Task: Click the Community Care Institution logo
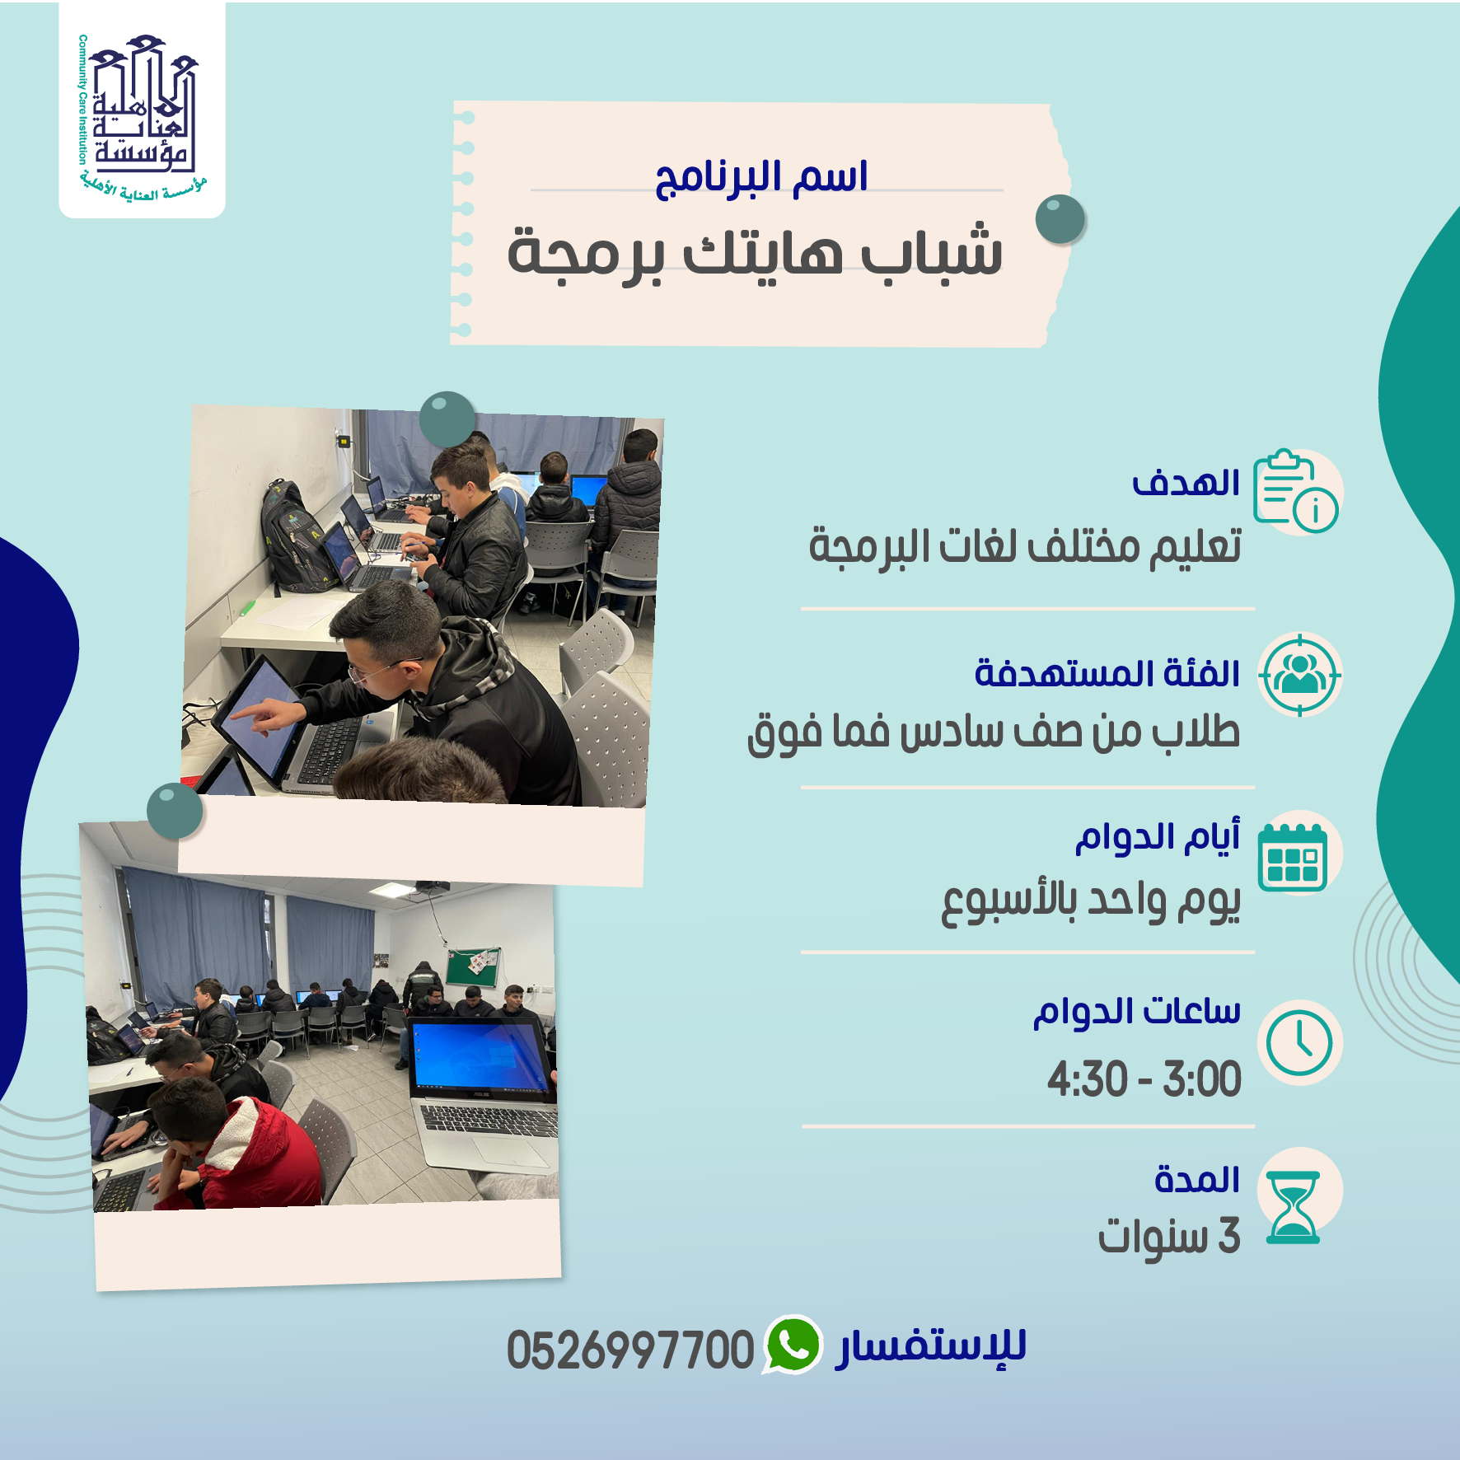point(142,115)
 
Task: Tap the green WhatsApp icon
point(792,1344)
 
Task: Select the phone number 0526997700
point(630,1350)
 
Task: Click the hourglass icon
point(1293,1207)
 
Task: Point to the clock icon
point(1299,1042)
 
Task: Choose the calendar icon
point(1293,857)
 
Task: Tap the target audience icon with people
point(1300,675)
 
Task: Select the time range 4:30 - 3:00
point(1144,1079)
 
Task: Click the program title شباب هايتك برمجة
point(755,252)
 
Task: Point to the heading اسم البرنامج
point(761,177)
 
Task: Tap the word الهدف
point(1186,483)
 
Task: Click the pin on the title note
point(1060,219)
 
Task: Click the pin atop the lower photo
point(175,811)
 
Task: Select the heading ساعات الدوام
point(1137,1011)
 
